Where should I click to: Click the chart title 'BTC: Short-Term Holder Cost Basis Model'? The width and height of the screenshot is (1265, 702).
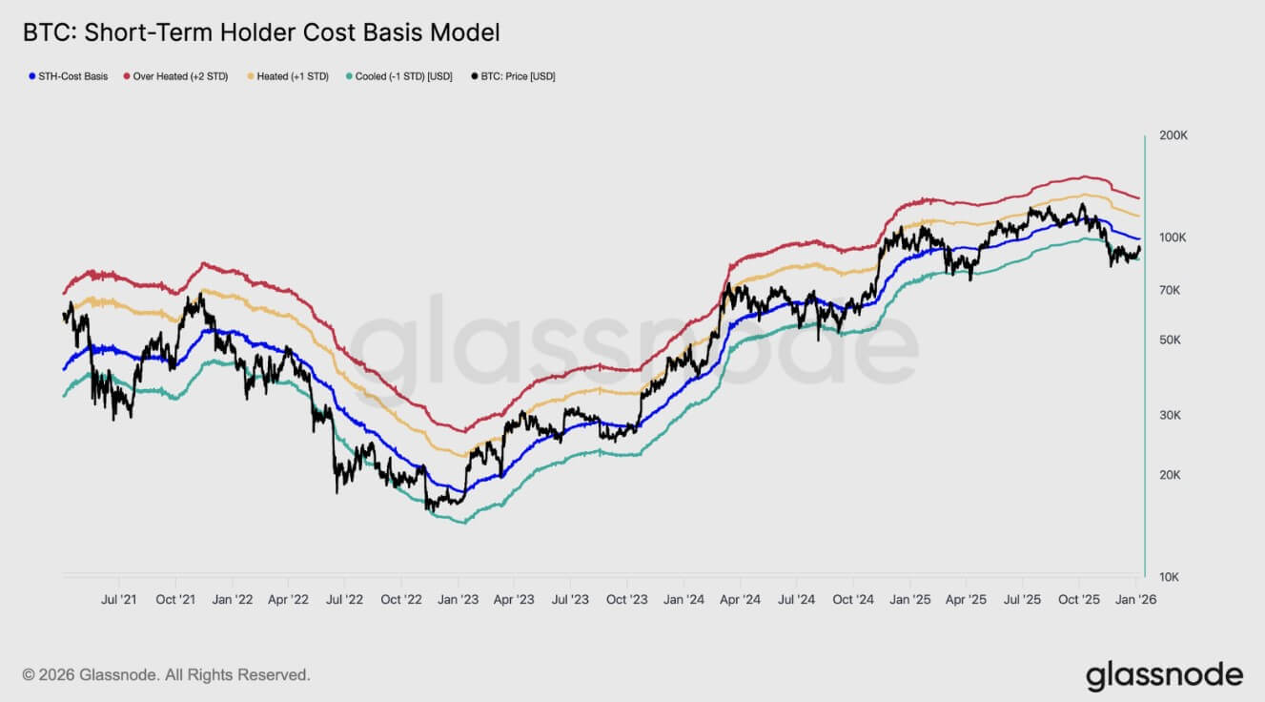(261, 32)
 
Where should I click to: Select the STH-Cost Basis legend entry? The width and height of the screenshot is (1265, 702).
(72, 76)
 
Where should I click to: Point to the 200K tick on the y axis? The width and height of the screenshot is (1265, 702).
(1173, 135)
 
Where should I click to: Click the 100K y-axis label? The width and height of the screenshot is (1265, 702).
(1173, 237)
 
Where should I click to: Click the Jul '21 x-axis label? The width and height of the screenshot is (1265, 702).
(118, 600)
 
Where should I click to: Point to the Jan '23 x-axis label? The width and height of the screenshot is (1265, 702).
(458, 600)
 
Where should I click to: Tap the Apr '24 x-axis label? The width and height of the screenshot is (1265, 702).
(740, 600)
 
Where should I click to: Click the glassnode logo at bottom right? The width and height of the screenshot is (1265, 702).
(1164, 674)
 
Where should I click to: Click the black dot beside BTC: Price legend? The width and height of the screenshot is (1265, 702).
(475, 76)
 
